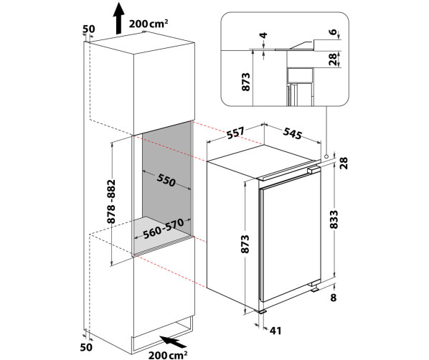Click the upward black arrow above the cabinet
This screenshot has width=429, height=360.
point(119,18)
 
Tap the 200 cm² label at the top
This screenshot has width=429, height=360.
point(148,24)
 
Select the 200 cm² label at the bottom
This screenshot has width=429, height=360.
point(168,355)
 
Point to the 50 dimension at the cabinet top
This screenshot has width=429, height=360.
point(89,29)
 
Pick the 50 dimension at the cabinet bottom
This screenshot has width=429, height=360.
point(86,347)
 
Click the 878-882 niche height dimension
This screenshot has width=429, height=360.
point(111,202)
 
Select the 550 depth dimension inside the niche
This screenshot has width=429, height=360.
point(166,180)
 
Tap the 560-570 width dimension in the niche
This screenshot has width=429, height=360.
point(164,229)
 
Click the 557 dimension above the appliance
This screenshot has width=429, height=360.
point(235,133)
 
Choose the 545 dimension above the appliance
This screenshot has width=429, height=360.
point(292,133)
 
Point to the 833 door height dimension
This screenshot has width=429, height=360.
point(334,219)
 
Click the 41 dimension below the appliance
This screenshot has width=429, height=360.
point(275,331)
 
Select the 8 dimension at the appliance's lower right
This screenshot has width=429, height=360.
point(334,298)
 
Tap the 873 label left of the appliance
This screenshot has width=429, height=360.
point(245,244)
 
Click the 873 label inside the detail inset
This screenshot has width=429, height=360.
point(245,82)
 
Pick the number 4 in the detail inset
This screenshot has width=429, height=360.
point(263,35)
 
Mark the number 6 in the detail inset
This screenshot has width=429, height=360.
point(333,32)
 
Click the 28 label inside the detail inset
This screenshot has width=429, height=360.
point(332,59)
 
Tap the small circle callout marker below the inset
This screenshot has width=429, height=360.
point(326,156)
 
